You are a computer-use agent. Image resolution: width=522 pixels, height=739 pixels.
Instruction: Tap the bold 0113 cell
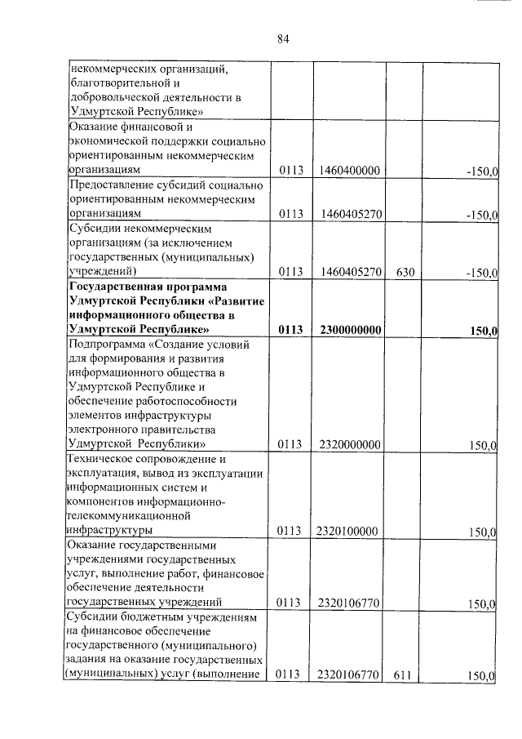coord(290,330)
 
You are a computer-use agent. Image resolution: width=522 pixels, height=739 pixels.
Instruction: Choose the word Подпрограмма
coord(105,345)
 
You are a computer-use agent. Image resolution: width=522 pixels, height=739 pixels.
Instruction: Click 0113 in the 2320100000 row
coord(290,532)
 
